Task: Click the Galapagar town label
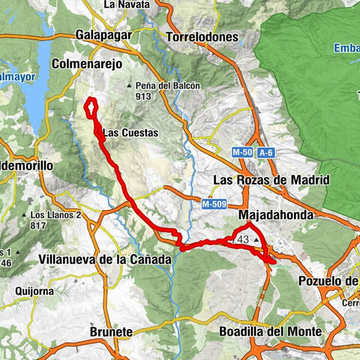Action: (x=103, y=35)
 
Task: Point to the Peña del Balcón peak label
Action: (x=168, y=85)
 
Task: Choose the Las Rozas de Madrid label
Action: (x=271, y=180)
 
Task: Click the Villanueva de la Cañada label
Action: (x=104, y=259)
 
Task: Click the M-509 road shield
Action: (x=213, y=203)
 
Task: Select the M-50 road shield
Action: (x=241, y=153)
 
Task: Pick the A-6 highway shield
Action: (x=266, y=153)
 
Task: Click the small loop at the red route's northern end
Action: (x=91, y=106)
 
